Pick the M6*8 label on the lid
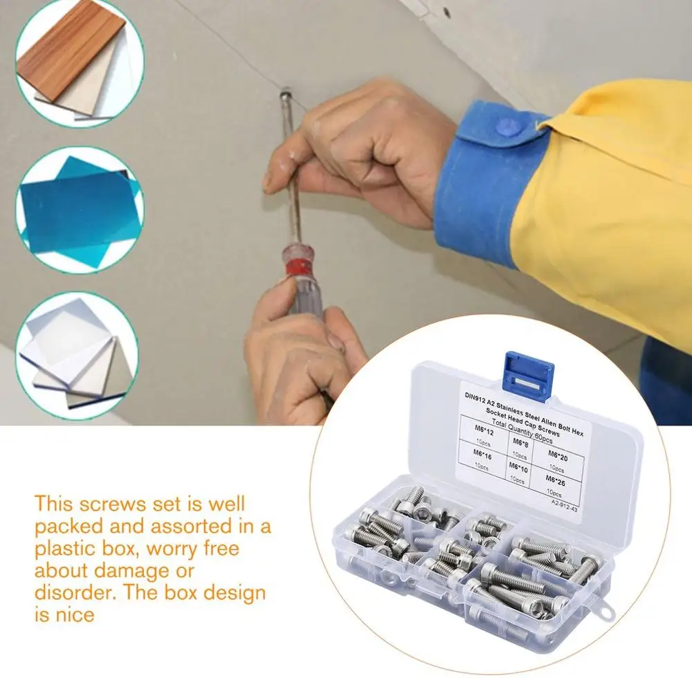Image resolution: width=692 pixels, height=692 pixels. [x=520, y=441]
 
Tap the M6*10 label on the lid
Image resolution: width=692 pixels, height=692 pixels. [x=518, y=469]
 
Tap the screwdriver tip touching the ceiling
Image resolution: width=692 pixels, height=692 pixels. [x=285, y=92]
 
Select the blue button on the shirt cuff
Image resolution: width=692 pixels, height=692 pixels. [x=507, y=127]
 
